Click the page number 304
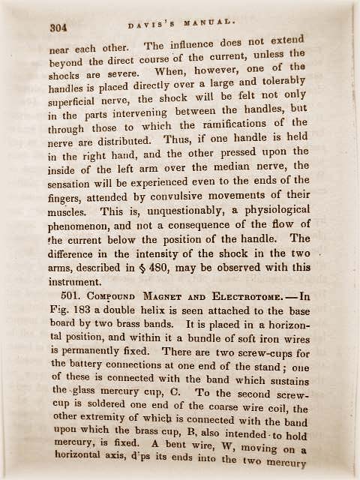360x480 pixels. point(58,27)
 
